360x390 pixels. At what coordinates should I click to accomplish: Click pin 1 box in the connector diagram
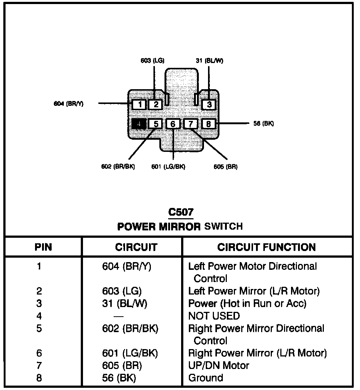139,105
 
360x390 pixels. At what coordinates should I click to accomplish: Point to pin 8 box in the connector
208,124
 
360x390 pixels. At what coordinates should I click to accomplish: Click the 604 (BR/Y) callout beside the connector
69,104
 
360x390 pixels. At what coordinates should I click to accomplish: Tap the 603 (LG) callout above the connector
152,60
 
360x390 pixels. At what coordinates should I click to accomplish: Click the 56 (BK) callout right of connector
264,124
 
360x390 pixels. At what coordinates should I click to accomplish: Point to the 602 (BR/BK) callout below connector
118,167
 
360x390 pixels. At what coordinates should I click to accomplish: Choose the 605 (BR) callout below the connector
225,167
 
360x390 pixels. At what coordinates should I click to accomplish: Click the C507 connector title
181,212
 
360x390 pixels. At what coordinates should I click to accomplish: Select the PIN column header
43,247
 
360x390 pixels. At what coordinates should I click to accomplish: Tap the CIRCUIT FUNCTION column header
267,247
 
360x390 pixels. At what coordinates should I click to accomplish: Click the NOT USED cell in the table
214,316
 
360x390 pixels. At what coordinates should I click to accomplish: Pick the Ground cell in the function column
205,378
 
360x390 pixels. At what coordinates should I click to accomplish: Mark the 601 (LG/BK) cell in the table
130,353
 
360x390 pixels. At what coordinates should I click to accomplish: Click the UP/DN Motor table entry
219,366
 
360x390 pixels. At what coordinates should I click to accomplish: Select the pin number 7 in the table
39,366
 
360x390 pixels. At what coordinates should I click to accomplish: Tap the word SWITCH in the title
224,226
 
